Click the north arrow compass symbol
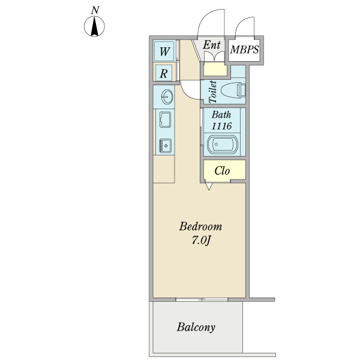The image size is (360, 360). click(x=94, y=26)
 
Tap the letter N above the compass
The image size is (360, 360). click(x=95, y=10)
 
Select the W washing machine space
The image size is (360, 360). click(x=164, y=51)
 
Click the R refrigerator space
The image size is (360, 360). click(x=164, y=73)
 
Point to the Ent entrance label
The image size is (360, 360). click(x=211, y=45)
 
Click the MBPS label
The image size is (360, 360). click(x=244, y=50)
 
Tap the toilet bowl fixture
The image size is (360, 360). click(x=233, y=91)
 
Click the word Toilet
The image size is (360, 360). click(x=212, y=92)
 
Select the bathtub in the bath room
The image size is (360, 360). click(x=222, y=145)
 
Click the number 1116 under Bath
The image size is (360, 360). click(x=221, y=126)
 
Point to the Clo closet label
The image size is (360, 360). click(x=222, y=171)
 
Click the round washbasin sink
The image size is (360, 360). click(x=167, y=97)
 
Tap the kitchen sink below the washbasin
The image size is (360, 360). click(x=165, y=119)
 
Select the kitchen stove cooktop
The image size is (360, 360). click(x=165, y=145)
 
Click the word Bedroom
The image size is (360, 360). click(x=200, y=227)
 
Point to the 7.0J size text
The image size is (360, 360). click(x=201, y=241)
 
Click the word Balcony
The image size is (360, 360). click(x=196, y=327)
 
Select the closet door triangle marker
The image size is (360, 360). click(x=209, y=187)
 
